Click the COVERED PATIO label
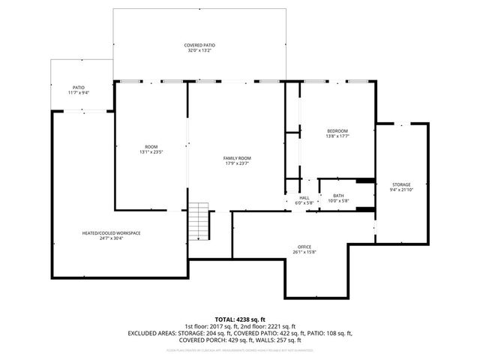(199, 46)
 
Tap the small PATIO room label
(78, 87)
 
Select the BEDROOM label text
(337, 131)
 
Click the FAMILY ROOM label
(237, 158)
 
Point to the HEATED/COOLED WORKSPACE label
(111, 233)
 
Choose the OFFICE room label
(304, 247)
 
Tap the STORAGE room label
(400, 184)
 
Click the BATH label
(338, 196)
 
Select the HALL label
(304, 196)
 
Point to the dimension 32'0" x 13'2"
(199, 52)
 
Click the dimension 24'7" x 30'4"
(111, 239)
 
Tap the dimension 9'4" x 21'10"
(400, 190)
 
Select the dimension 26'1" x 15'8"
(304, 253)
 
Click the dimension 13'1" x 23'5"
(151, 152)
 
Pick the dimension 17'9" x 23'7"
(237, 164)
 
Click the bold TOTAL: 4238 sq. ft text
(240, 319)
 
